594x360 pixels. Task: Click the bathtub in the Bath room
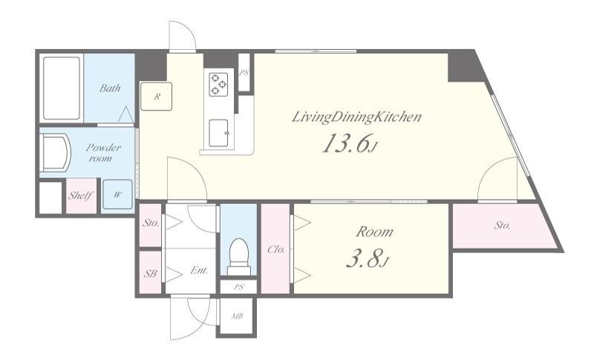point(62,88)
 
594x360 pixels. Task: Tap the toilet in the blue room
point(239,257)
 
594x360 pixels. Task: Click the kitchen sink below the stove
point(219,133)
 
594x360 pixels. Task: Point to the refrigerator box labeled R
point(156,96)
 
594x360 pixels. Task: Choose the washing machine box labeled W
point(118,194)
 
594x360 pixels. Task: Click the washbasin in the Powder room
point(55,154)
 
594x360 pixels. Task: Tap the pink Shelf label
point(81,196)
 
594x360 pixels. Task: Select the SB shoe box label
point(151,273)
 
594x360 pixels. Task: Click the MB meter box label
point(237,316)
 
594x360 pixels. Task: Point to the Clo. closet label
point(275,250)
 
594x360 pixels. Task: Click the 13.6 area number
point(345,143)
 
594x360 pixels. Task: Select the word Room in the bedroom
point(374,232)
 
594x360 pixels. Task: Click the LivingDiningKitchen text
point(356,117)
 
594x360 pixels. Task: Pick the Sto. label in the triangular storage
point(503,226)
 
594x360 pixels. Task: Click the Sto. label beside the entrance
point(151,223)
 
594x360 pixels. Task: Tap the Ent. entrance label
point(199,271)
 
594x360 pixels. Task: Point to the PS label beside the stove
point(244,72)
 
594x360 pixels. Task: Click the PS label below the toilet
point(238,287)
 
